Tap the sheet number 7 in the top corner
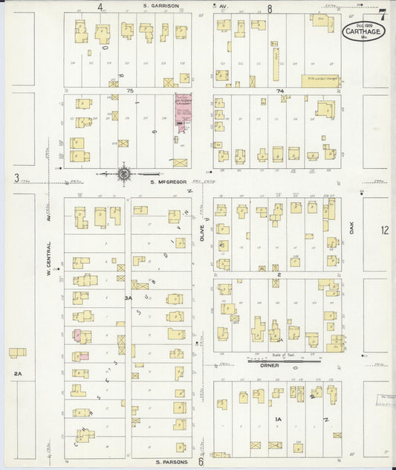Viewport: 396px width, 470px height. click(x=381, y=14)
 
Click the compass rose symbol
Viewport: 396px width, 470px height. click(x=125, y=174)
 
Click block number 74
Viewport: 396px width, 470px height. click(x=280, y=90)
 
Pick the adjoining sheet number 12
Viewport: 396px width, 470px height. click(x=384, y=231)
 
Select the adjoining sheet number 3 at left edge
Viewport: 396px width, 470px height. click(x=16, y=177)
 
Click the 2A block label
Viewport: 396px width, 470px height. click(x=18, y=373)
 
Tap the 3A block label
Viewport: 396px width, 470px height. click(x=127, y=298)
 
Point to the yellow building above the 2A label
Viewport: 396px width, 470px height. click(x=17, y=352)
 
